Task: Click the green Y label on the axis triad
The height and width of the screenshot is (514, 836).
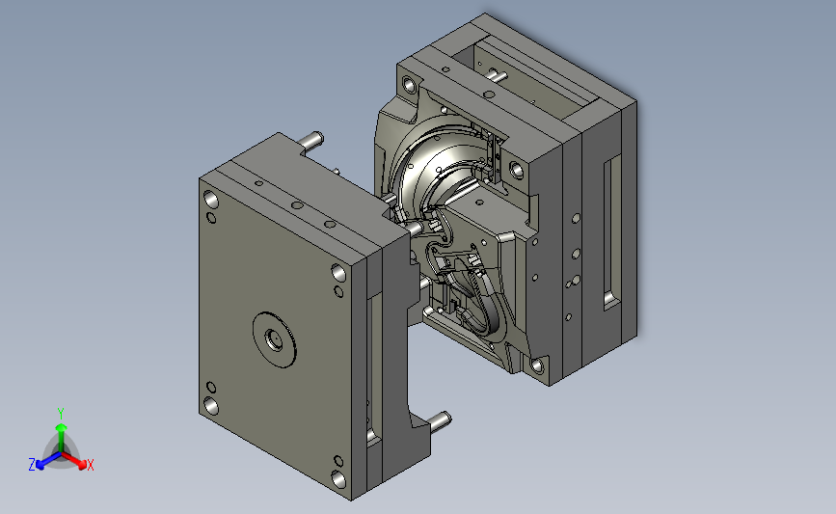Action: coord(61,414)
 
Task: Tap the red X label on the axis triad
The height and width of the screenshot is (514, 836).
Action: coord(90,465)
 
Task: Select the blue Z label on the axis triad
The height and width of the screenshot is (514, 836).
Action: coord(32,465)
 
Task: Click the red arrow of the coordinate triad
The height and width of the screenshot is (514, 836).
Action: coord(74,460)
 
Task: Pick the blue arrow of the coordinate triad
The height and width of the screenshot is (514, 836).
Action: coord(48,461)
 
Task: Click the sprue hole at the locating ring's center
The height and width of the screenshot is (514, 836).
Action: coord(274,339)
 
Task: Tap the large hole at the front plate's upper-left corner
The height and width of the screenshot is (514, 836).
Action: coord(210,200)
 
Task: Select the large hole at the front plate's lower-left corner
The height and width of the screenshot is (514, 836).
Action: coord(211,406)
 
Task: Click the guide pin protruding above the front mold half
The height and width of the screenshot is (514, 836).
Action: coord(310,140)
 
